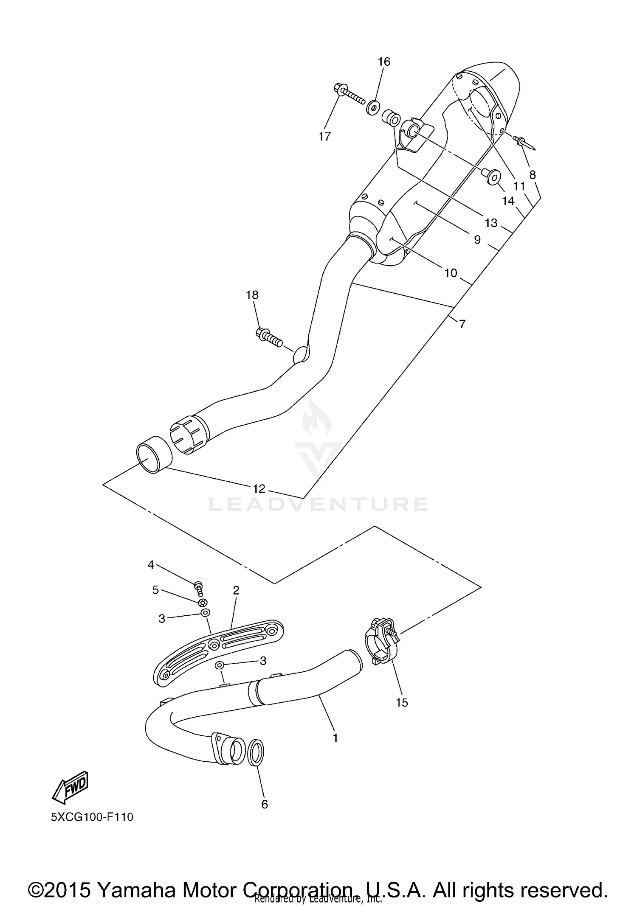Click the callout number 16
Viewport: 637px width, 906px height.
tap(384, 62)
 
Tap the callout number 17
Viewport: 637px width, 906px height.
tap(324, 136)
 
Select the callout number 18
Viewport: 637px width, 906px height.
tap(252, 295)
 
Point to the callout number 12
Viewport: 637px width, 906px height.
tap(259, 488)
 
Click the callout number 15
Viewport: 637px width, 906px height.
tap(402, 702)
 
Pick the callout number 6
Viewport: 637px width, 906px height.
tap(265, 804)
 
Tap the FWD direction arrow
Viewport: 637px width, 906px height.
tap(70, 787)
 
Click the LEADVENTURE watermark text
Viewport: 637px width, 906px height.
tap(318, 504)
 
